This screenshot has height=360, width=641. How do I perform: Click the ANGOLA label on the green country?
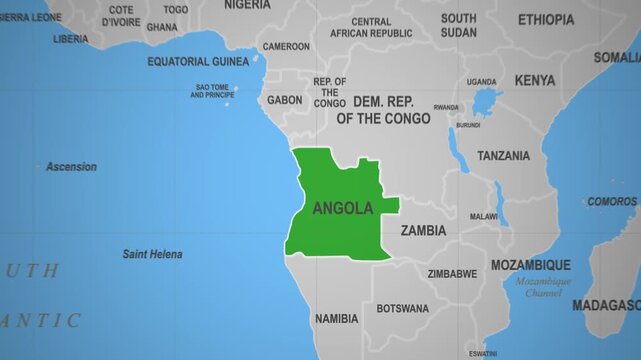pos(342,208)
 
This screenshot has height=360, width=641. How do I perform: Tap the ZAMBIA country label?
pos(423,230)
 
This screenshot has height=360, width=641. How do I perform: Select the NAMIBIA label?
pos(336,319)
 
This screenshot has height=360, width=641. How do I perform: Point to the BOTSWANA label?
pos(402,308)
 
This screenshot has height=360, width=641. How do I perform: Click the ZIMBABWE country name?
pos(452,273)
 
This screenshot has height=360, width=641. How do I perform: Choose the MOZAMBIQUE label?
pos(530,265)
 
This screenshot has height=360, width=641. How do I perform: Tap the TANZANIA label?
pos(503,156)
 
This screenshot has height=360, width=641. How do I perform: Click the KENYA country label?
pos(535,80)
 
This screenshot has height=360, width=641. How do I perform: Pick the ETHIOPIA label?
pos(546,20)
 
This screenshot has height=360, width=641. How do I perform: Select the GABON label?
pos(285,100)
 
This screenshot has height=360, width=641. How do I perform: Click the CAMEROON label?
pos(286,46)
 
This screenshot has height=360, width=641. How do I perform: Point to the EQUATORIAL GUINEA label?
pos(198,61)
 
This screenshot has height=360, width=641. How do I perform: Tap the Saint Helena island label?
pos(152,254)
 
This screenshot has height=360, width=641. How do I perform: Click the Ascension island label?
pos(72,167)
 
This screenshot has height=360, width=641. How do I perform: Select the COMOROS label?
pos(612,201)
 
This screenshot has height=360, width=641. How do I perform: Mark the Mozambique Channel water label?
pos(544,288)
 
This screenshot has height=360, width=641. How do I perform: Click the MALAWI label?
pos(484,216)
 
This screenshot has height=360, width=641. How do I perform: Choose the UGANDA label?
pos(481,82)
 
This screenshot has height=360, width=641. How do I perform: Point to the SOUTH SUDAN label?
pos(458,25)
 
